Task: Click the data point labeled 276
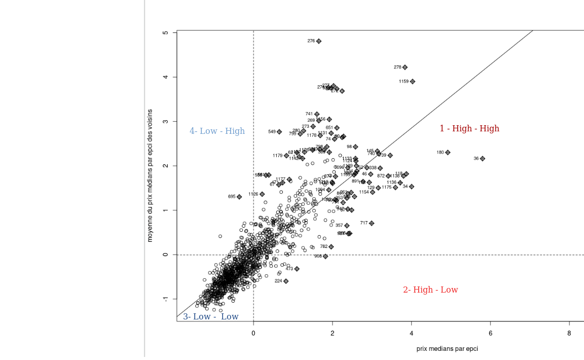click(x=319, y=41)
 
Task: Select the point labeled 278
click(x=405, y=67)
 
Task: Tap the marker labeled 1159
click(x=413, y=82)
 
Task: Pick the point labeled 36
click(x=483, y=159)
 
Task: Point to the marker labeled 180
click(x=448, y=153)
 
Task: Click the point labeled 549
click(x=279, y=132)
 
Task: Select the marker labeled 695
click(x=239, y=197)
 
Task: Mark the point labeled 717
click(x=372, y=223)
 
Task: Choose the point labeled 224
click(x=286, y=281)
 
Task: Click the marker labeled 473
click(x=297, y=269)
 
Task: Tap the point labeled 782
click(x=332, y=247)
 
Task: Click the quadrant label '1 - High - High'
click(x=469, y=129)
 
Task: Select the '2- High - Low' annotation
click(x=430, y=290)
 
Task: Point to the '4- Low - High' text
click(x=217, y=131)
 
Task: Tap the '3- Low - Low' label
click(x=210, y=317)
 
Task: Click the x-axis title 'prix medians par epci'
click(x=447, y=349)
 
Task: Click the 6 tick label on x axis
click(x=490, y=333)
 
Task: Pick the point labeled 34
click(x=412, y=187)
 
